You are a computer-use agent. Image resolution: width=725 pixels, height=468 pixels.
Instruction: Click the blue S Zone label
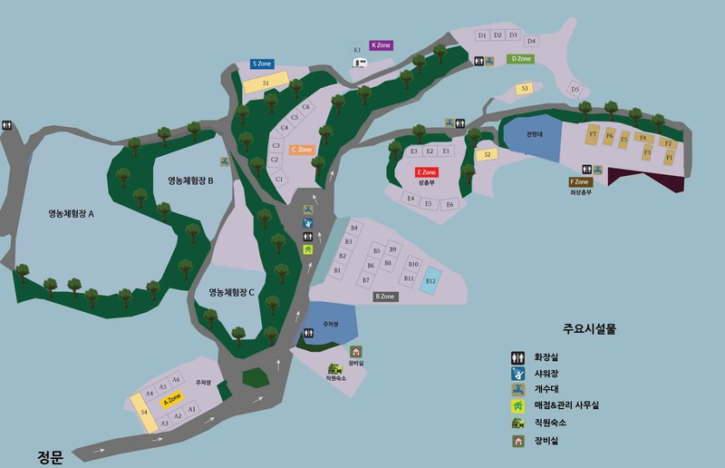click(263, 64)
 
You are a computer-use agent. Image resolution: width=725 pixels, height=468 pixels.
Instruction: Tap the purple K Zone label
click(382, 44)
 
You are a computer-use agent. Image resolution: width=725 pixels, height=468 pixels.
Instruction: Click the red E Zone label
click(427, 172)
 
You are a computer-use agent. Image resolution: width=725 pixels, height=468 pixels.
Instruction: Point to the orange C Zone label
click(302, 150)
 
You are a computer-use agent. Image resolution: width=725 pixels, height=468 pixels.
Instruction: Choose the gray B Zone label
click(384, 297)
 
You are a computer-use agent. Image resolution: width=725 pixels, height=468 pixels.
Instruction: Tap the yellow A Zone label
click(172, 398)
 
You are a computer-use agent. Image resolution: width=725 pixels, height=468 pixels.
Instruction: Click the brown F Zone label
click(580, 181)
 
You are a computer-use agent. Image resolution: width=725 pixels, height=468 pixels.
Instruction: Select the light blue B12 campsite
click(431, 279)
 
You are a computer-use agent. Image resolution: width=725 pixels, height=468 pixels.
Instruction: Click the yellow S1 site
click(265, 83)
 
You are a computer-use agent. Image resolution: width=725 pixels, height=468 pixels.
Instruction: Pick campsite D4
click(531, 41)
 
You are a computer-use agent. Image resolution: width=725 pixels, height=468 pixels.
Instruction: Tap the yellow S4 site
click(143, 412)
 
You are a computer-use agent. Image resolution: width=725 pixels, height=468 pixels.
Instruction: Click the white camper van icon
click(360, 62)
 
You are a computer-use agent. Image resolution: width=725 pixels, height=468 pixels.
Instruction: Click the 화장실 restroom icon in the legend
click(517, 356)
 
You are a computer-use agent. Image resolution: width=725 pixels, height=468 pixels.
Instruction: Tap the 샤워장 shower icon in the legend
click(517, 372)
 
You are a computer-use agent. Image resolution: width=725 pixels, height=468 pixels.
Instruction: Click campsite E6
click(449, 205)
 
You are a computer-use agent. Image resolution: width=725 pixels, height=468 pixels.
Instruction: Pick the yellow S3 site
click(524, 89)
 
